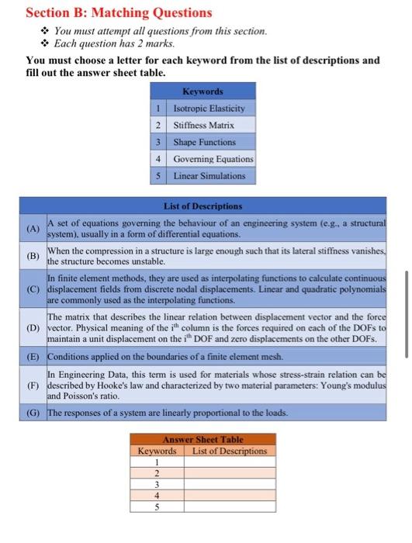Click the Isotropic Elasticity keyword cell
[209, 108]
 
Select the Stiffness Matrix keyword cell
[203, 125]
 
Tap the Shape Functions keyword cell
[204, 142]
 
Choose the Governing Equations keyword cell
[213, 159]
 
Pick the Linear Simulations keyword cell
[209, 176]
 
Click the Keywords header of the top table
[202, 92]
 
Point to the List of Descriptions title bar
[203, 206]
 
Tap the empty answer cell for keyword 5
[228, 507]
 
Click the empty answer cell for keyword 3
[228, 484]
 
